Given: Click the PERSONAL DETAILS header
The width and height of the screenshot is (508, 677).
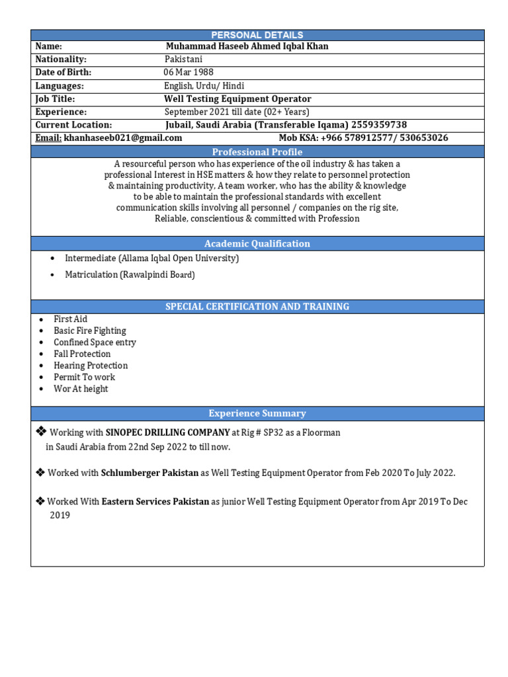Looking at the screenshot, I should point(257,35).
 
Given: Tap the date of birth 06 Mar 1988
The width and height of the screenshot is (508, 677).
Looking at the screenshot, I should point(189,72).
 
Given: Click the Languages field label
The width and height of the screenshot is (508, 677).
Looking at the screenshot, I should point(60,86).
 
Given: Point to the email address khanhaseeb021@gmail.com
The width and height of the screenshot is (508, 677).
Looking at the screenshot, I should point(123,138).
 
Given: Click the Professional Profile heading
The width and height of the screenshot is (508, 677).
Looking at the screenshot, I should point(257,152).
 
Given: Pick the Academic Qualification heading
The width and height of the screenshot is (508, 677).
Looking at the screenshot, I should point(257,243).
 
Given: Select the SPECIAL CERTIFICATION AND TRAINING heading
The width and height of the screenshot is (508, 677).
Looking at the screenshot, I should point(257,307).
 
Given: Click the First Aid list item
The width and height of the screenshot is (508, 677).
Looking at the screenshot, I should point(70,319).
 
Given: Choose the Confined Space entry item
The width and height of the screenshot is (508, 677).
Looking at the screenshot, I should point(95,342).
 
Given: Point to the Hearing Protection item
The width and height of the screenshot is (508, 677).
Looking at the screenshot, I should point(91,366).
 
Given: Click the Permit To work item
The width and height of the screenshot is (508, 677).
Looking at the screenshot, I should point(84,378).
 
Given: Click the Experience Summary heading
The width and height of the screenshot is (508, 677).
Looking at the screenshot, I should point(257,413).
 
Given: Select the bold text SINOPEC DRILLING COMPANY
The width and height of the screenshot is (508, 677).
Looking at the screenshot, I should point(167,432).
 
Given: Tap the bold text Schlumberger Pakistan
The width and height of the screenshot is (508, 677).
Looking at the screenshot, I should point(149,473).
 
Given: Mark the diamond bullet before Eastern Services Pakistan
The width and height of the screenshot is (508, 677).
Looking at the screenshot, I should point(40,501).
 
